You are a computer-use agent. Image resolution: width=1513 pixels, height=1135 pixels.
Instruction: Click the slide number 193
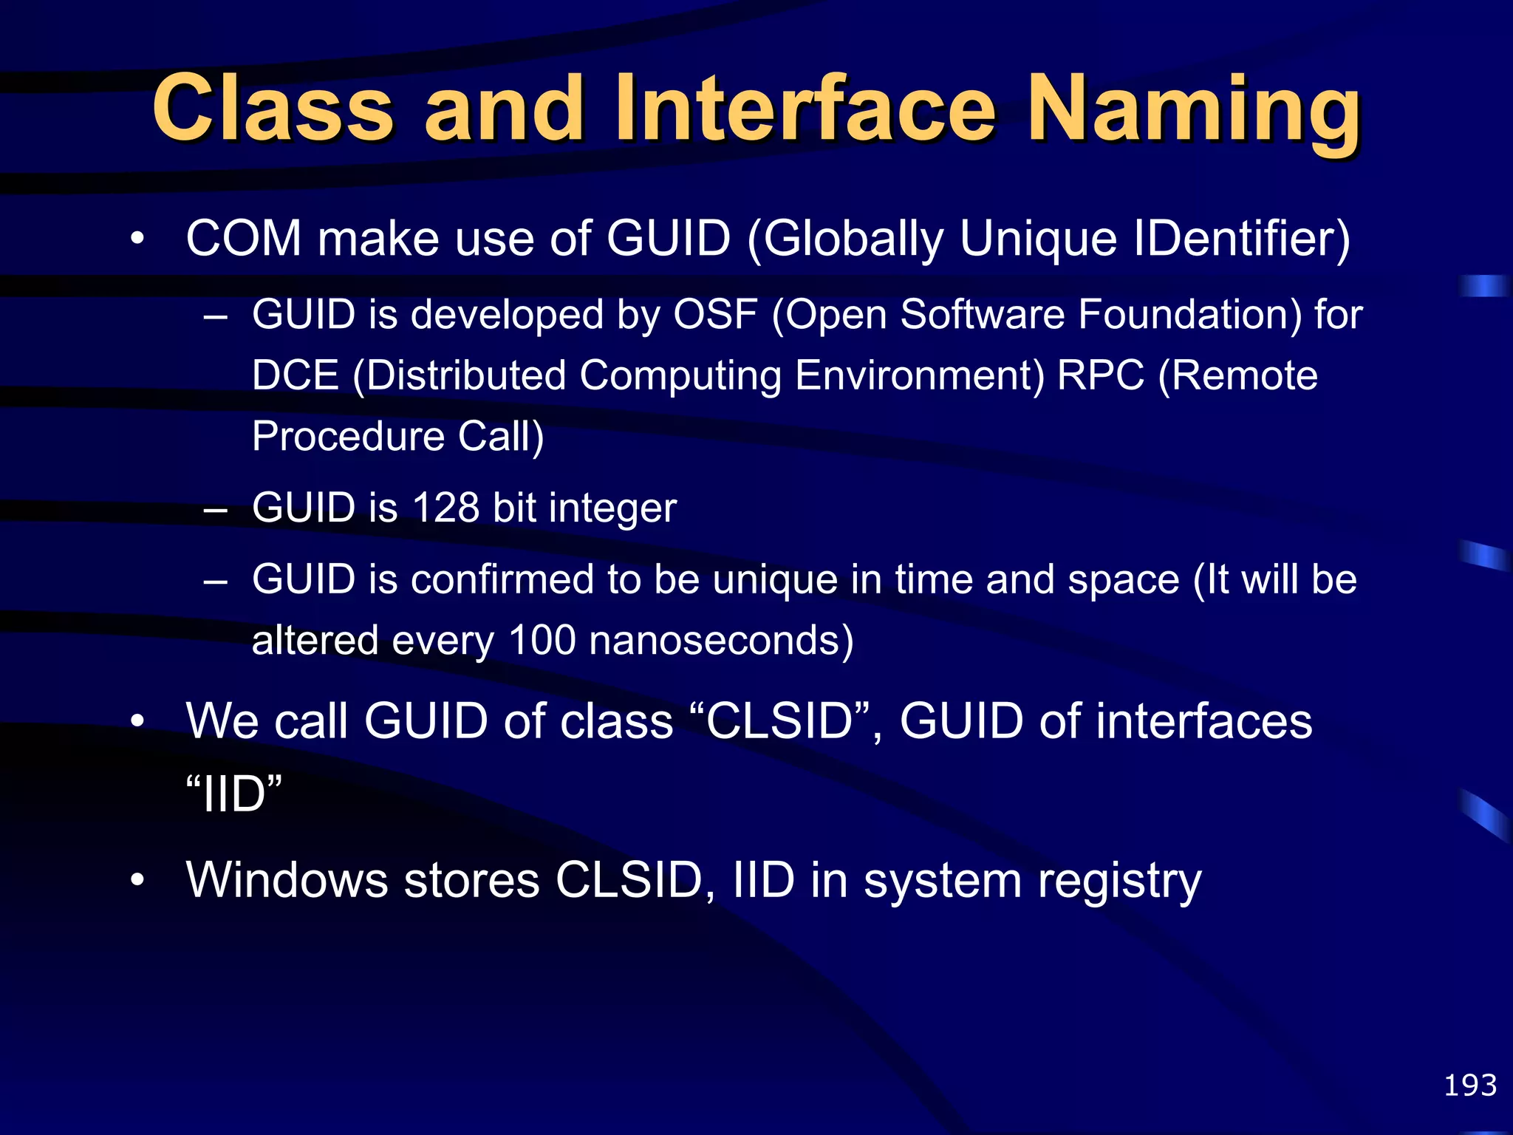tap(1469, 1085)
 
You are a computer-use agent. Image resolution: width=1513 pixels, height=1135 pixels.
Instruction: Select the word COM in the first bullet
tap(244, 239)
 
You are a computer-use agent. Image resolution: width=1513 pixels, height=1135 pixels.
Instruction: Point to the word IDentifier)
tap(1241, 239)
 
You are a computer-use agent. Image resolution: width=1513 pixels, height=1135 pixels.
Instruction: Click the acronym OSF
tap(715, 315)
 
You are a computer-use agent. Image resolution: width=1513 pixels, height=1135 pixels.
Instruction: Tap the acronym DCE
tap(295, 376)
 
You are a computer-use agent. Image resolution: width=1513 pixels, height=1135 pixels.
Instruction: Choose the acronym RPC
tap(1100, 376)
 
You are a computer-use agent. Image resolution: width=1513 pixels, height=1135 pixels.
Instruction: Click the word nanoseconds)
tap(721, 640)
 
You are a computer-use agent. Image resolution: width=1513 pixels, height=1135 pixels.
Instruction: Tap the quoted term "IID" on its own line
tap(233, 794)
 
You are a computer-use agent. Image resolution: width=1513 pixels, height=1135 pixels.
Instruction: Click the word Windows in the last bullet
tap(287, 881)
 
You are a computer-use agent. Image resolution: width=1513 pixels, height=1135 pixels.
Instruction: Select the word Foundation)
tap(1189, 315)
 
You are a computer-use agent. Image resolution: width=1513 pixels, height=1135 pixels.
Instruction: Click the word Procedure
tap(347, 437)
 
